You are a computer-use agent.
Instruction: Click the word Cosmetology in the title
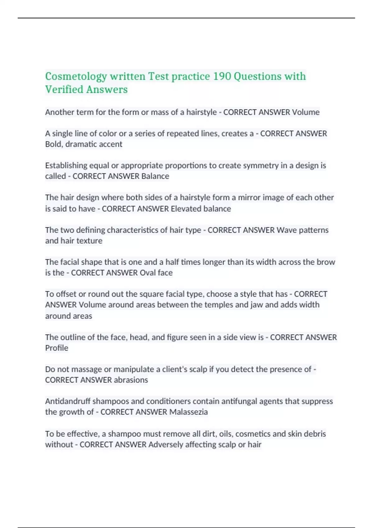[76, 76]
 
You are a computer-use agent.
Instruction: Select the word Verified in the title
[64, 90]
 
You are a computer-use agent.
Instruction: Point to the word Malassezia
[189, 412]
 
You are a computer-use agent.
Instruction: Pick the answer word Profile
[57, 348]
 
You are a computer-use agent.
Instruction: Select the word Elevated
[186, 209]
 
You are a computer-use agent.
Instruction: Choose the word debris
[314, 434]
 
